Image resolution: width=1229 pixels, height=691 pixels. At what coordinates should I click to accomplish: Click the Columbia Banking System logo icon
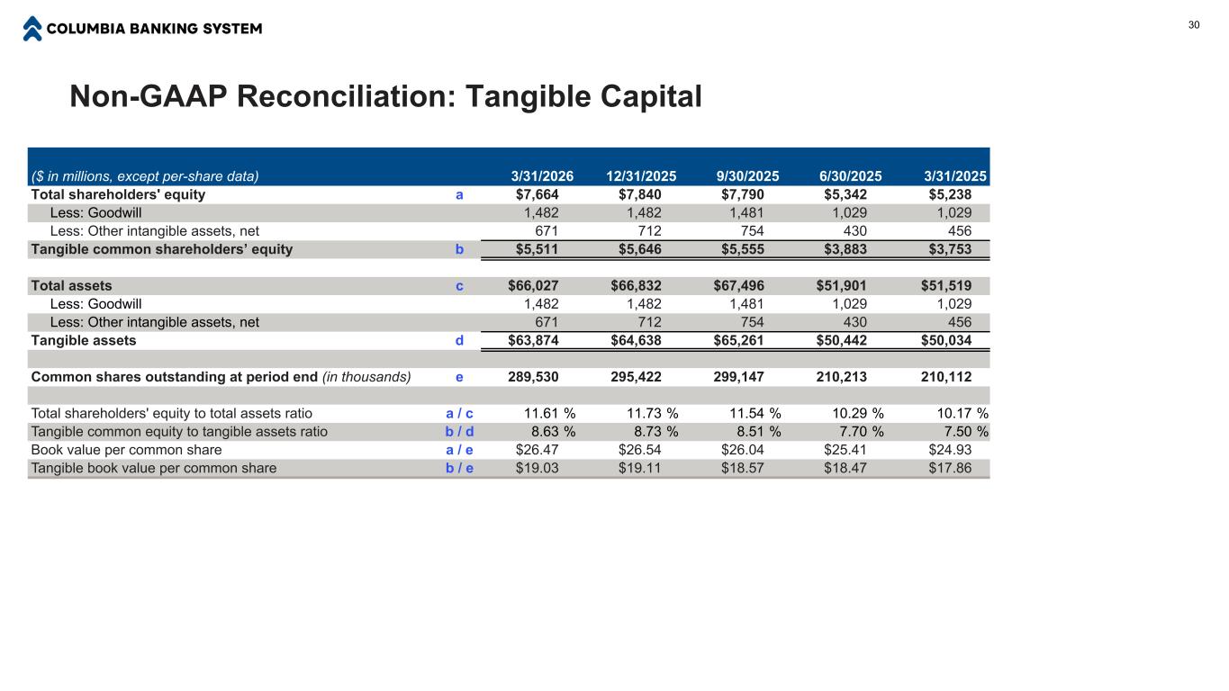[32, 29]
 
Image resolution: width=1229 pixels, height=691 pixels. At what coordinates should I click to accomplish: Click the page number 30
[1194, 25]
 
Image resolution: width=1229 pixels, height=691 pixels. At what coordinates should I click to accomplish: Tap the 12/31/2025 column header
[641, 176]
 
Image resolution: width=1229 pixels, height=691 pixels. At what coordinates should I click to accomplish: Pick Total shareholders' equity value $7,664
[537, 194]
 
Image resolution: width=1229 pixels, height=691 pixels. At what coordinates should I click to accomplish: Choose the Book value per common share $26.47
[537, 450]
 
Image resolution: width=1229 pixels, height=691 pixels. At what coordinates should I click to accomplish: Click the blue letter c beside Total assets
[459, 286]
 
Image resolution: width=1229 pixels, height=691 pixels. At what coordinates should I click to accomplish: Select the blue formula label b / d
[459, 432]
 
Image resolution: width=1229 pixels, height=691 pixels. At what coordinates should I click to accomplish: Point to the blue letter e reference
[459, 377]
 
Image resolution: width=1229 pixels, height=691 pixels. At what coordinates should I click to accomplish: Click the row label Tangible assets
[84, 340]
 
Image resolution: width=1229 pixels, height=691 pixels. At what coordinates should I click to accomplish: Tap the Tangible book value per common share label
[154, 468]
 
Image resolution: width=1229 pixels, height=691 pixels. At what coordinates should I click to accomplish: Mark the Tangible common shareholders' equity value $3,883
[845, 249]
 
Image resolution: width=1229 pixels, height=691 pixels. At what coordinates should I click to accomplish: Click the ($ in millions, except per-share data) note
[145, 176]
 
